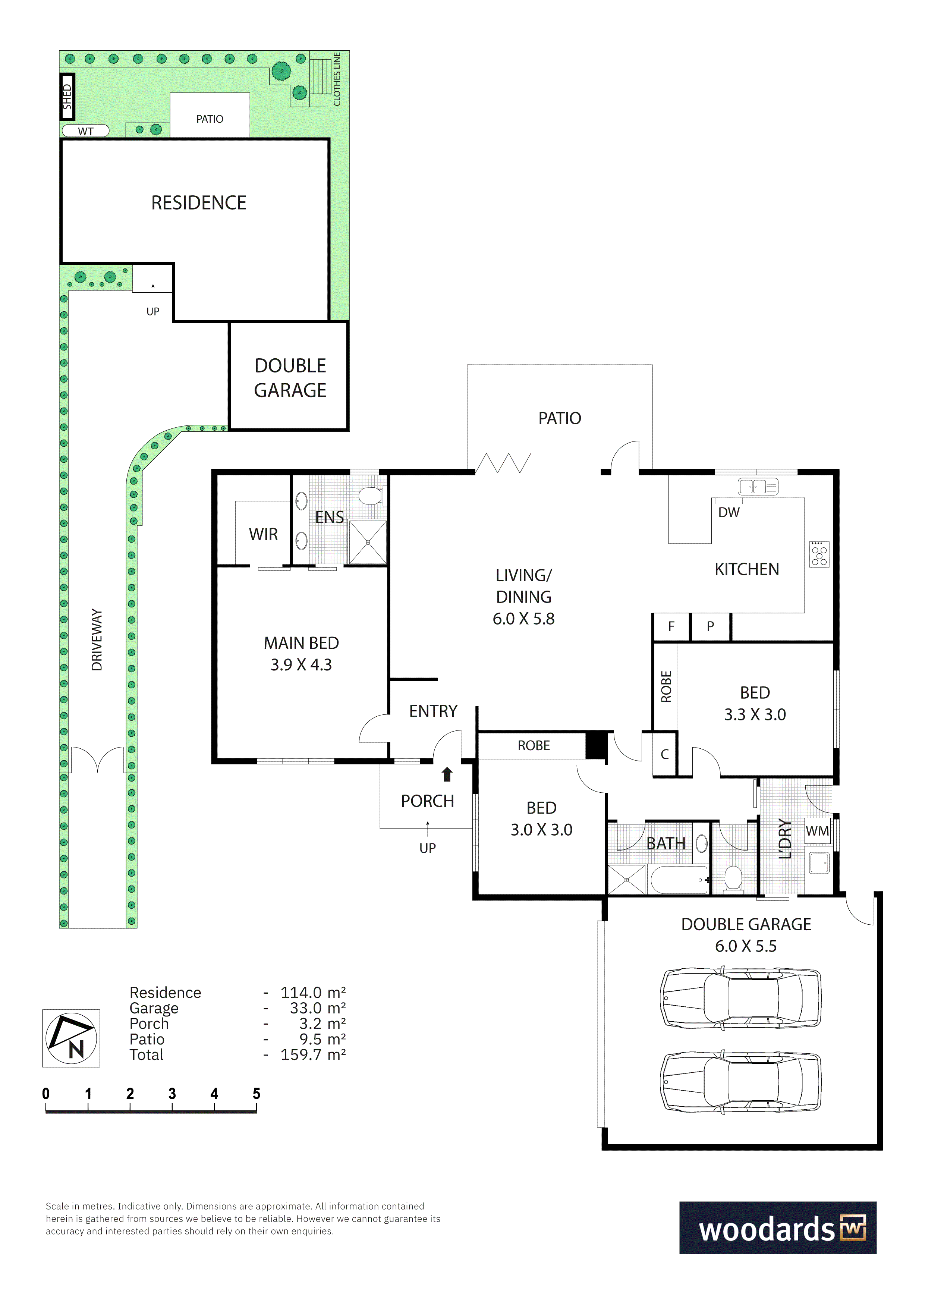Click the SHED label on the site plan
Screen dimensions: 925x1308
pos(67,97)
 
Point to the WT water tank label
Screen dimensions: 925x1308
pos(85,132)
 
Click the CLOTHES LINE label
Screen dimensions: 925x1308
pos(337,79)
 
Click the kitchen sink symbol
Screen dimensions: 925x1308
pos(758,487)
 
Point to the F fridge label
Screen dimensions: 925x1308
pos(671,627)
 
